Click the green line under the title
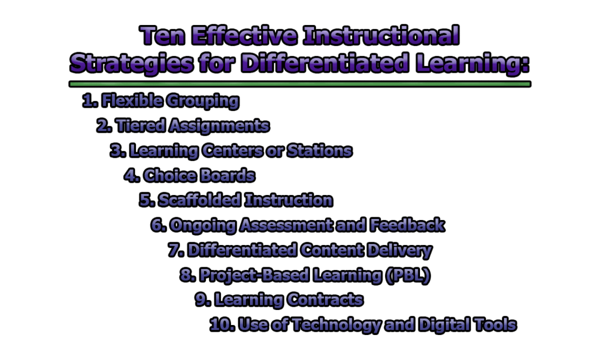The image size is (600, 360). point(300,84)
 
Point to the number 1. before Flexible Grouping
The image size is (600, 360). point(91,101)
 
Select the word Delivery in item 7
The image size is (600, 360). point(404,250)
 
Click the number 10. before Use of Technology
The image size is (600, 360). point(222,325)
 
